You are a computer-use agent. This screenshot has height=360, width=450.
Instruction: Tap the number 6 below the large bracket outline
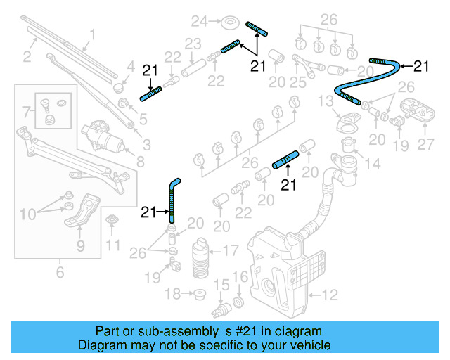tap(59, 272)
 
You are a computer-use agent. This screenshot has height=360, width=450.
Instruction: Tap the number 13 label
tap(326, 103)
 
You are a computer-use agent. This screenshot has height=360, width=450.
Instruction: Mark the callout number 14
tap(372, 164)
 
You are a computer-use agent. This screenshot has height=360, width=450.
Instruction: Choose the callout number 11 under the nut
tap(112, 245)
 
